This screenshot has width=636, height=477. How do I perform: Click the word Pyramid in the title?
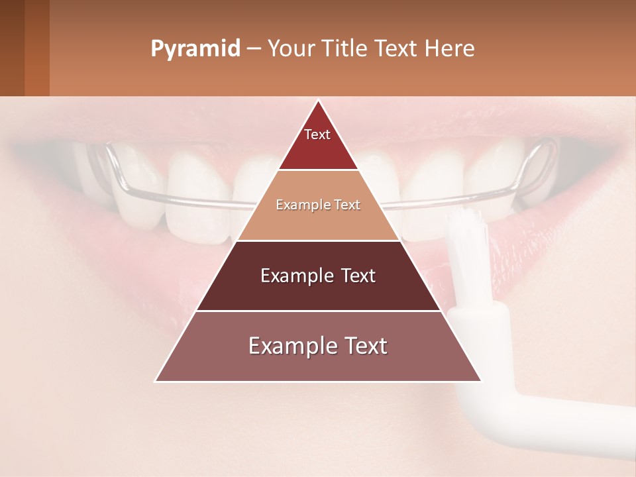click(195, 49)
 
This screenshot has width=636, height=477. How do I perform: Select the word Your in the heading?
click(290, 49)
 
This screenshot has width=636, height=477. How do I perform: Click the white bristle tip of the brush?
click(467, 225)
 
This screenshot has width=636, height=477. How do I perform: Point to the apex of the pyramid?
click(318, 101)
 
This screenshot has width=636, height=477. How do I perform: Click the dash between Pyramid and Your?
click(254, 49)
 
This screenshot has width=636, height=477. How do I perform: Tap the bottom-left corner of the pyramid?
click(156, 380)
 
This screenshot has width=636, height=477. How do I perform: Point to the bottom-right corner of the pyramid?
click(480, 380)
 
